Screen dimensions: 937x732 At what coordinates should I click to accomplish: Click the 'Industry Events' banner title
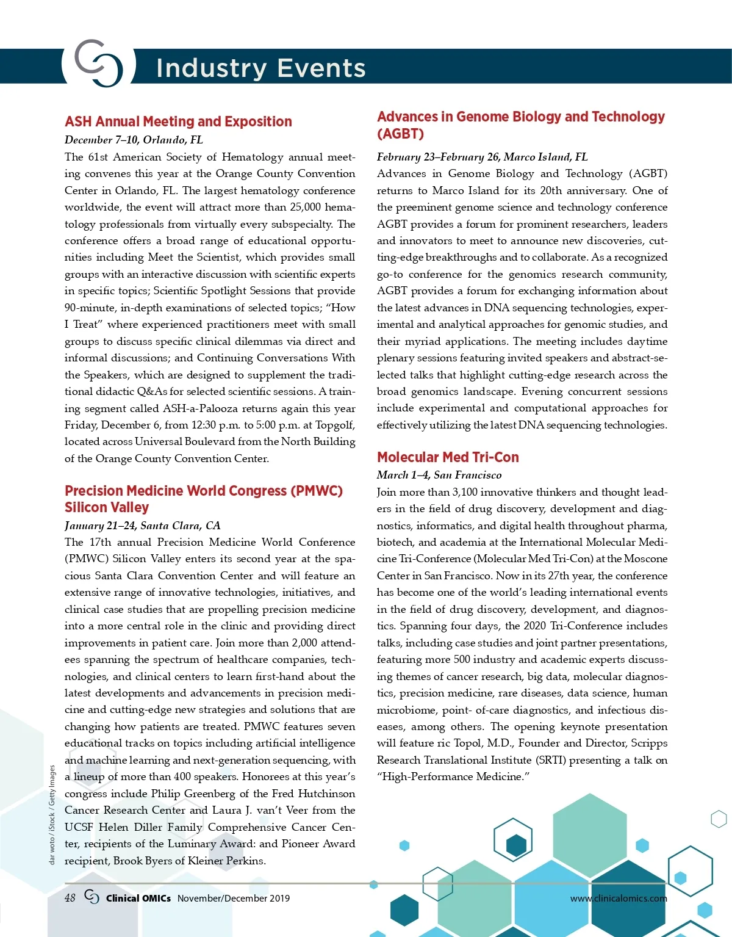[260, 68]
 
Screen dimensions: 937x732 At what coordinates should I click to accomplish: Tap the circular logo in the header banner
[98, 63]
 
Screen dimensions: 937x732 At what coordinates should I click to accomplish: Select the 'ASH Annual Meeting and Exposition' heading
[178, 121]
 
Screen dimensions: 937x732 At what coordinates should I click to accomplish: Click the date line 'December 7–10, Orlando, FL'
[134, 140]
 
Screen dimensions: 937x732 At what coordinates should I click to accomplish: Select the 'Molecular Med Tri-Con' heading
[448, 457]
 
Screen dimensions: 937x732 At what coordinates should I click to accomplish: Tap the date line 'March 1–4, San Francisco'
[439, 475]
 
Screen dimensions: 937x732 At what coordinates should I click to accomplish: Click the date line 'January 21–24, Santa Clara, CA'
[142, 526]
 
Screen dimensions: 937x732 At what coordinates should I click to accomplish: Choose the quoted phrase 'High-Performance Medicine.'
[453, 776]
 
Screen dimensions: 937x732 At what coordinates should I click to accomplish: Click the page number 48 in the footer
[70, 898]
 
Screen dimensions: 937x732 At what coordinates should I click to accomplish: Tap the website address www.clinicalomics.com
[619, 898]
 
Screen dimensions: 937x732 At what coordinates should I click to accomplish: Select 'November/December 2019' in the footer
[234, 898]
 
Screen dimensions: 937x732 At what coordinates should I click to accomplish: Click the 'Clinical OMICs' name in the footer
[138, 898]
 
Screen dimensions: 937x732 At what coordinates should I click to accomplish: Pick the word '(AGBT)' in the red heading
[400, 134]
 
